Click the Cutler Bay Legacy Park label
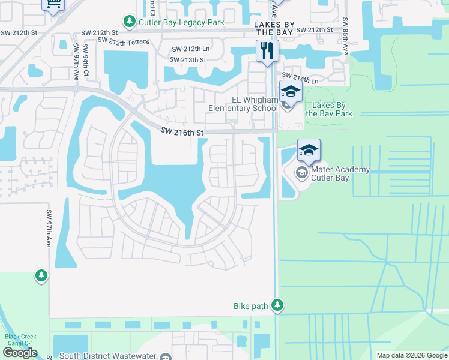pos(181,22)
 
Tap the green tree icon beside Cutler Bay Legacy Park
pos(129,22)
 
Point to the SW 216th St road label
pos(182,131)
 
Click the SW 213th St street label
pos(187,60)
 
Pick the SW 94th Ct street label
pos(86,60)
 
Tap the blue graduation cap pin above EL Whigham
pos(291,91)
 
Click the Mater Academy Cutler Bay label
pos(340,174)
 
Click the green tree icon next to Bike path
pos(277,306)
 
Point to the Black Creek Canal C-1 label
pos(20,340)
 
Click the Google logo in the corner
pos(20,353)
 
